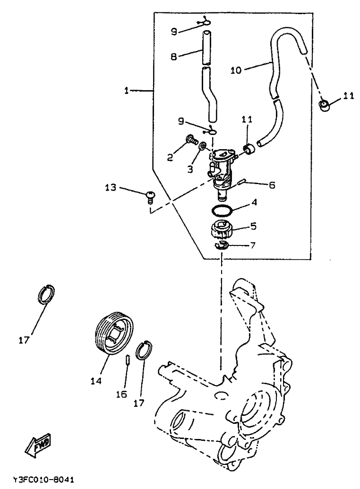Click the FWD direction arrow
pos(39,444)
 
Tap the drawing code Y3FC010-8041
pos(44,480)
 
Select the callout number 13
pos(110,187)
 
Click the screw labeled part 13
pos(150,197)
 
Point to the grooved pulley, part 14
pos(115,333)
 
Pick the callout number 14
pos(96,381)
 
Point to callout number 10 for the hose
pos(236,70)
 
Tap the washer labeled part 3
pos(203,145)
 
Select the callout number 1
pos(126,91)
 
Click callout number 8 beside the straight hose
pos(173,56)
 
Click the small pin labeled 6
pos(243,182)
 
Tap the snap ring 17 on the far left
pos(47,293)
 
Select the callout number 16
pos(121,394)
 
